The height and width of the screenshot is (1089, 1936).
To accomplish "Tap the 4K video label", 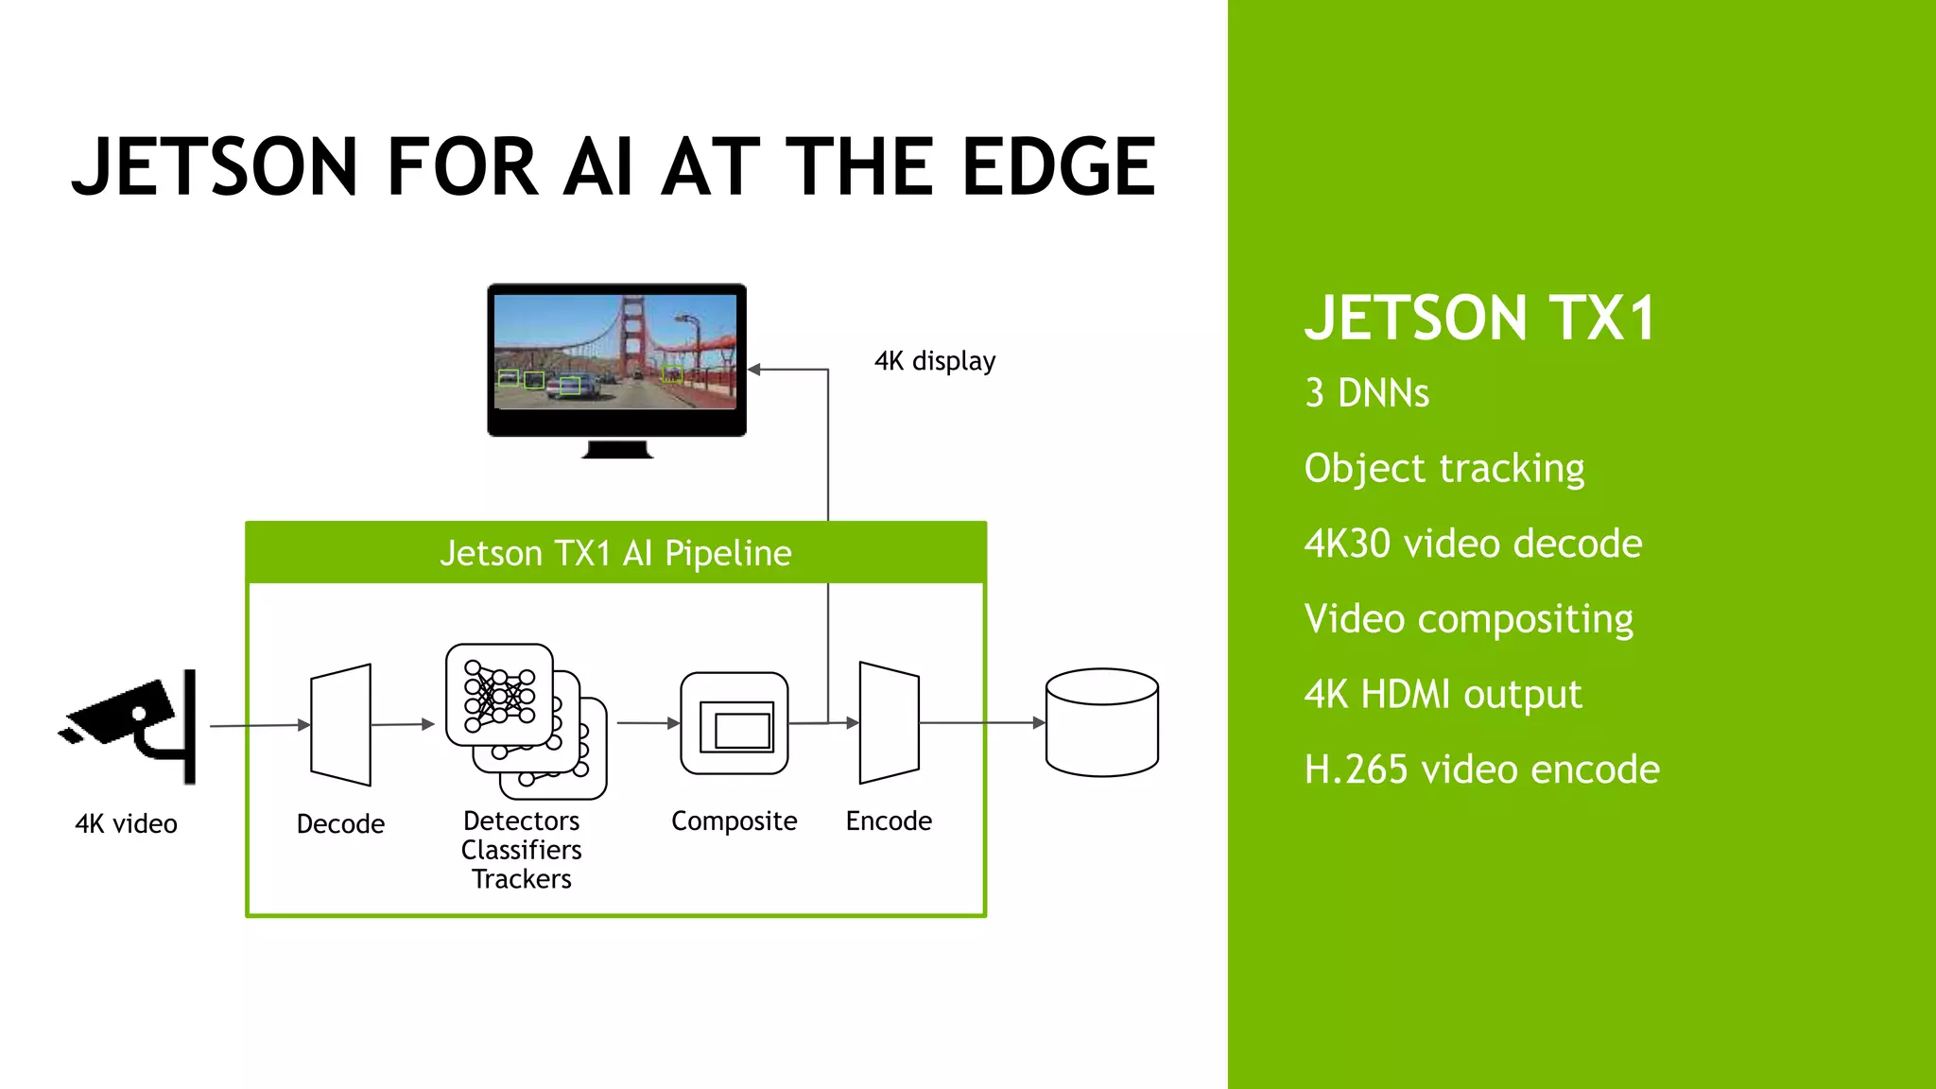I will (126, 824).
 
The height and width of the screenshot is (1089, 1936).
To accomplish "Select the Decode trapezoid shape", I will (340, 725).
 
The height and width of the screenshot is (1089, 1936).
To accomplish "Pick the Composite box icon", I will (735, 724).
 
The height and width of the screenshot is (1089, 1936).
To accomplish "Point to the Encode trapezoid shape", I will (889, 724).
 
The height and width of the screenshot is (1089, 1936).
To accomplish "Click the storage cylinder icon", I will (1101, 723).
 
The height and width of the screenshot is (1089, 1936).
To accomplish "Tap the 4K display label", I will (934, 361).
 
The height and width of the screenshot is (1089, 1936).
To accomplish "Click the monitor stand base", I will (617, 450).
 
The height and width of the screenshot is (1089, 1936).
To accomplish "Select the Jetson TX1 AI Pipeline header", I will (615, 553).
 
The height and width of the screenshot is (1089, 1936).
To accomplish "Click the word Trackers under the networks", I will (522, 879).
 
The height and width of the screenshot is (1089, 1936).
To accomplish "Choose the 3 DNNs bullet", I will (1366, 393).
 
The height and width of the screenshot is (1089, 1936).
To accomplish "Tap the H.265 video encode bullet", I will (1481, 769).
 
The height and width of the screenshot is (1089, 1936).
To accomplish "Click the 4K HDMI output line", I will (1442, 695).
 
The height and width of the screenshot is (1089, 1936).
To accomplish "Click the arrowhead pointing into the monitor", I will (754, 370).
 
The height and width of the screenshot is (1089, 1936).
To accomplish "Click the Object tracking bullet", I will (1443, 469).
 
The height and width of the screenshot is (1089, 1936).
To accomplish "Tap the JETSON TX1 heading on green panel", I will (1479, 318).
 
